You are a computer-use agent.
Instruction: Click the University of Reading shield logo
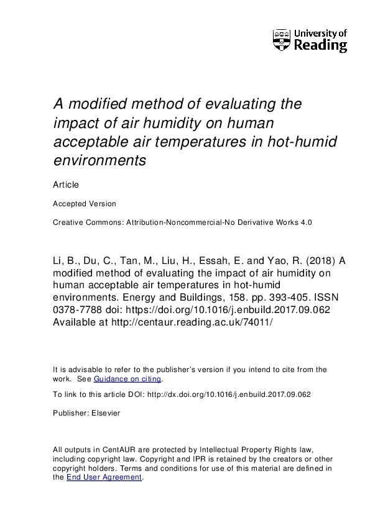(281, 40)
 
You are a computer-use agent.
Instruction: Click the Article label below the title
(66, 184)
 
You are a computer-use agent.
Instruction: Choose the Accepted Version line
(84, 203)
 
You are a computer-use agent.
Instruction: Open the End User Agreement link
(104, 477)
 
